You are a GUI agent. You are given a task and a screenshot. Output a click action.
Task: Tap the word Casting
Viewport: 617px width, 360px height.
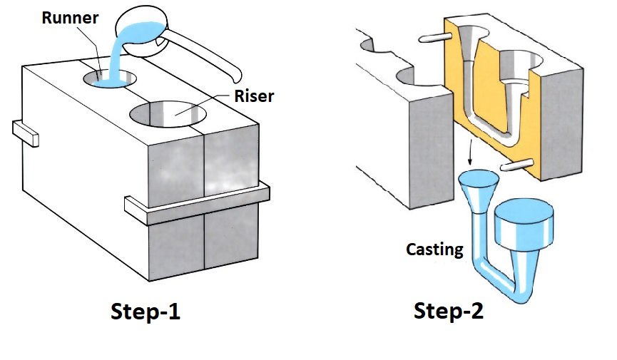coord(433,250)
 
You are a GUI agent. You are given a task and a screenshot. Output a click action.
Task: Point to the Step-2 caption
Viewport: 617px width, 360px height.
coord(450,312)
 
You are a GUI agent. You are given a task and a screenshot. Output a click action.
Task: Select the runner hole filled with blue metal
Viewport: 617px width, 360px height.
coord(110,80)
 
